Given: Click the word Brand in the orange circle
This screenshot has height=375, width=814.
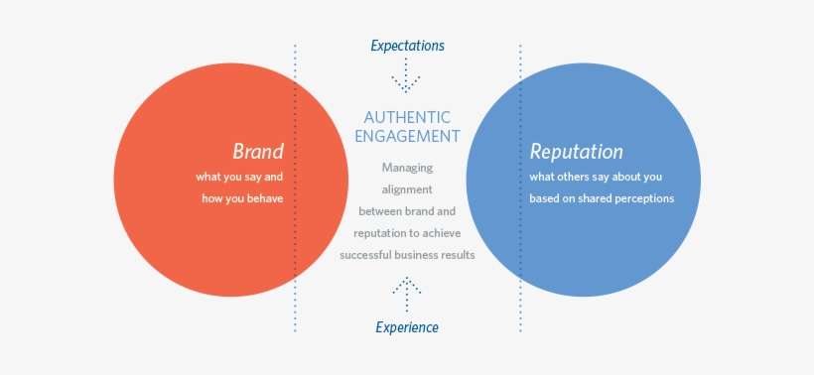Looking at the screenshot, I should (258, 152).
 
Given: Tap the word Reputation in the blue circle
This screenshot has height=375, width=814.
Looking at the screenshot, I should (576, 152).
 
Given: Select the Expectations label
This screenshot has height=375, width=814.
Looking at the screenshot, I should (407, 46).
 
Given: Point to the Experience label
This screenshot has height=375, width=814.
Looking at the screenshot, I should (407, 327).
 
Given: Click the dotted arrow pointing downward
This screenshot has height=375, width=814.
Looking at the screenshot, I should (407, 76).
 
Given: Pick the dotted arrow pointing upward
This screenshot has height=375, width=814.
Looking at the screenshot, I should (407, 290).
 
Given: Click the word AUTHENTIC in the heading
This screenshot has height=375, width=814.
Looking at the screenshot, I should (407, 117).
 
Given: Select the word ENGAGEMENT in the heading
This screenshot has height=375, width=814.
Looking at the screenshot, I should (407, 137).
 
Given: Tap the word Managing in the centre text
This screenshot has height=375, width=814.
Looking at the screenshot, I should (407, 167).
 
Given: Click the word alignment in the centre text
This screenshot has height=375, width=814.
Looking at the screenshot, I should (407, 188).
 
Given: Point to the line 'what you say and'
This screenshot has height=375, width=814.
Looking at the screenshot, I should (239, 177).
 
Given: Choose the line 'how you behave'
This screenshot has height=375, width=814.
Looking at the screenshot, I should (239, 198).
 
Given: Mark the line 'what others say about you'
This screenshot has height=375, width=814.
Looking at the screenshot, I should (596, 177).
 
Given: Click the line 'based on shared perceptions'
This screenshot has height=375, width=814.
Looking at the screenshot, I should (602, 198).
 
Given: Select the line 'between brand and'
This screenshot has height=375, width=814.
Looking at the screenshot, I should (407, 210).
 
